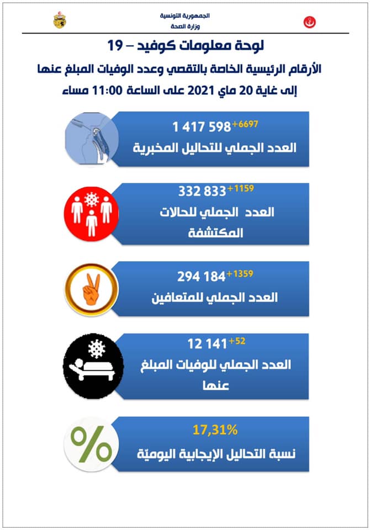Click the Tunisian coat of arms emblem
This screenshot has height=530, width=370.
pos(59,21)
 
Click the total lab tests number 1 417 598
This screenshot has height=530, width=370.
pos(201,127)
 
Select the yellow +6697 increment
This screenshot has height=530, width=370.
pos(245,123)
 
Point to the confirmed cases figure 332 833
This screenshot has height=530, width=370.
pos(202,192)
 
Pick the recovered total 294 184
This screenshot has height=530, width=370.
pos(202,276)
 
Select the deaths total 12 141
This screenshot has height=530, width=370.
pos(207,344)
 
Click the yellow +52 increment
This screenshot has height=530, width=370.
pos(237,341)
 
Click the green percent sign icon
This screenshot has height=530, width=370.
pos(91,445)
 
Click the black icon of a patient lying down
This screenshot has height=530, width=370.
pos(91,362)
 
